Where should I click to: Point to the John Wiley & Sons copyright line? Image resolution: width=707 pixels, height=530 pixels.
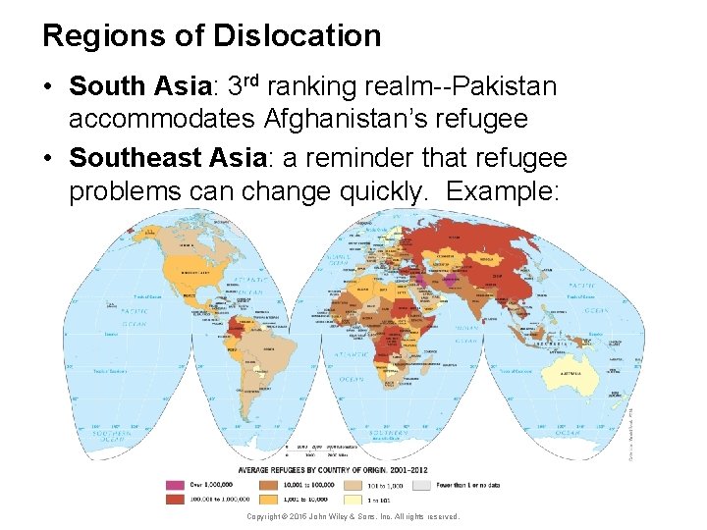click(353, 516)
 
